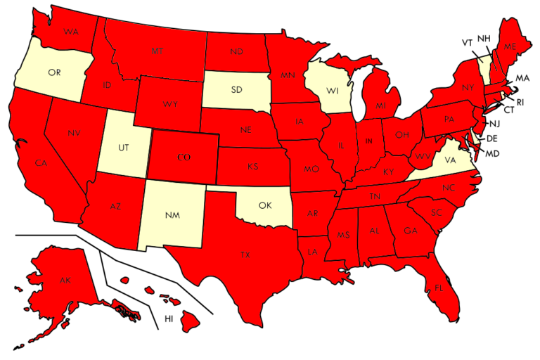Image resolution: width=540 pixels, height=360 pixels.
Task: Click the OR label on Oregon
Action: (x=53, y=72)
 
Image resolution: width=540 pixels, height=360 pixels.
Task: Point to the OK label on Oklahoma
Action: (x=264, y=206)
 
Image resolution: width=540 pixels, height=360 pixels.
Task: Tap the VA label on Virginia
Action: (x=450, y=160)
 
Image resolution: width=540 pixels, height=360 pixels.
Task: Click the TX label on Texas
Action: (x=245, y=255)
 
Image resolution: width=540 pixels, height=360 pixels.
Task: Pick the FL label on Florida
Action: (x=438, y=287)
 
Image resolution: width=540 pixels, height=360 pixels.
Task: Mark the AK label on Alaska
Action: (x=65, y=281)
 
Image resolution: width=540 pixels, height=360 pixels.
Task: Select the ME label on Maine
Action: (x=510, y=46)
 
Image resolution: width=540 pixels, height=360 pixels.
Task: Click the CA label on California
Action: (x=41, y=163)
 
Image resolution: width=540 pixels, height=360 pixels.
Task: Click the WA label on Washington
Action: (x=70, y=32)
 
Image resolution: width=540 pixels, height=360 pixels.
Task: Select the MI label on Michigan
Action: (x=380, y=106)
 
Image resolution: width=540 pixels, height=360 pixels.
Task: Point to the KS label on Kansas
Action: (x=252, y=167)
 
